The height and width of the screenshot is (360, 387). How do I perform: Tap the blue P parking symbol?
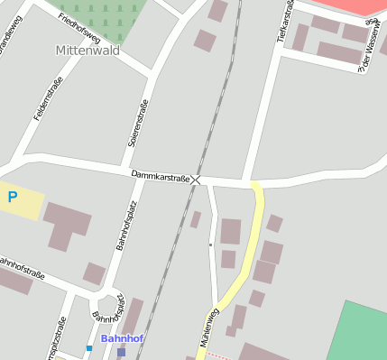[x=13, y=196]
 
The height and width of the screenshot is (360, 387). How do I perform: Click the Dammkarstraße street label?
[x=160, y=177]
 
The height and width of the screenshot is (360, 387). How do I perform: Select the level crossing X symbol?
[x=196, y=180]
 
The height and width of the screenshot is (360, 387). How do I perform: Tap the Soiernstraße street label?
[x=138, y=125]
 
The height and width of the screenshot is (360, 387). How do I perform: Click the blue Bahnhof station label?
[x=122, y=338]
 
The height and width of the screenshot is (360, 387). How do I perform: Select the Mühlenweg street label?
[x=208, y=328]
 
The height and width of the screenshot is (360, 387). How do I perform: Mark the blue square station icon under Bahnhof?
[x=121, y=352]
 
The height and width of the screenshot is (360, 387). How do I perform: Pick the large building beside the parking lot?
[x=66, y=226]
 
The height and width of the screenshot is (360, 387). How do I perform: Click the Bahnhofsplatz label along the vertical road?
[x=124, y=226]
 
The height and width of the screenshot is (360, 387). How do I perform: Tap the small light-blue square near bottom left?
[x=89, y=347]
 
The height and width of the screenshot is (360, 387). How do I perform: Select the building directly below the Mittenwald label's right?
[x=205, y=41]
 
